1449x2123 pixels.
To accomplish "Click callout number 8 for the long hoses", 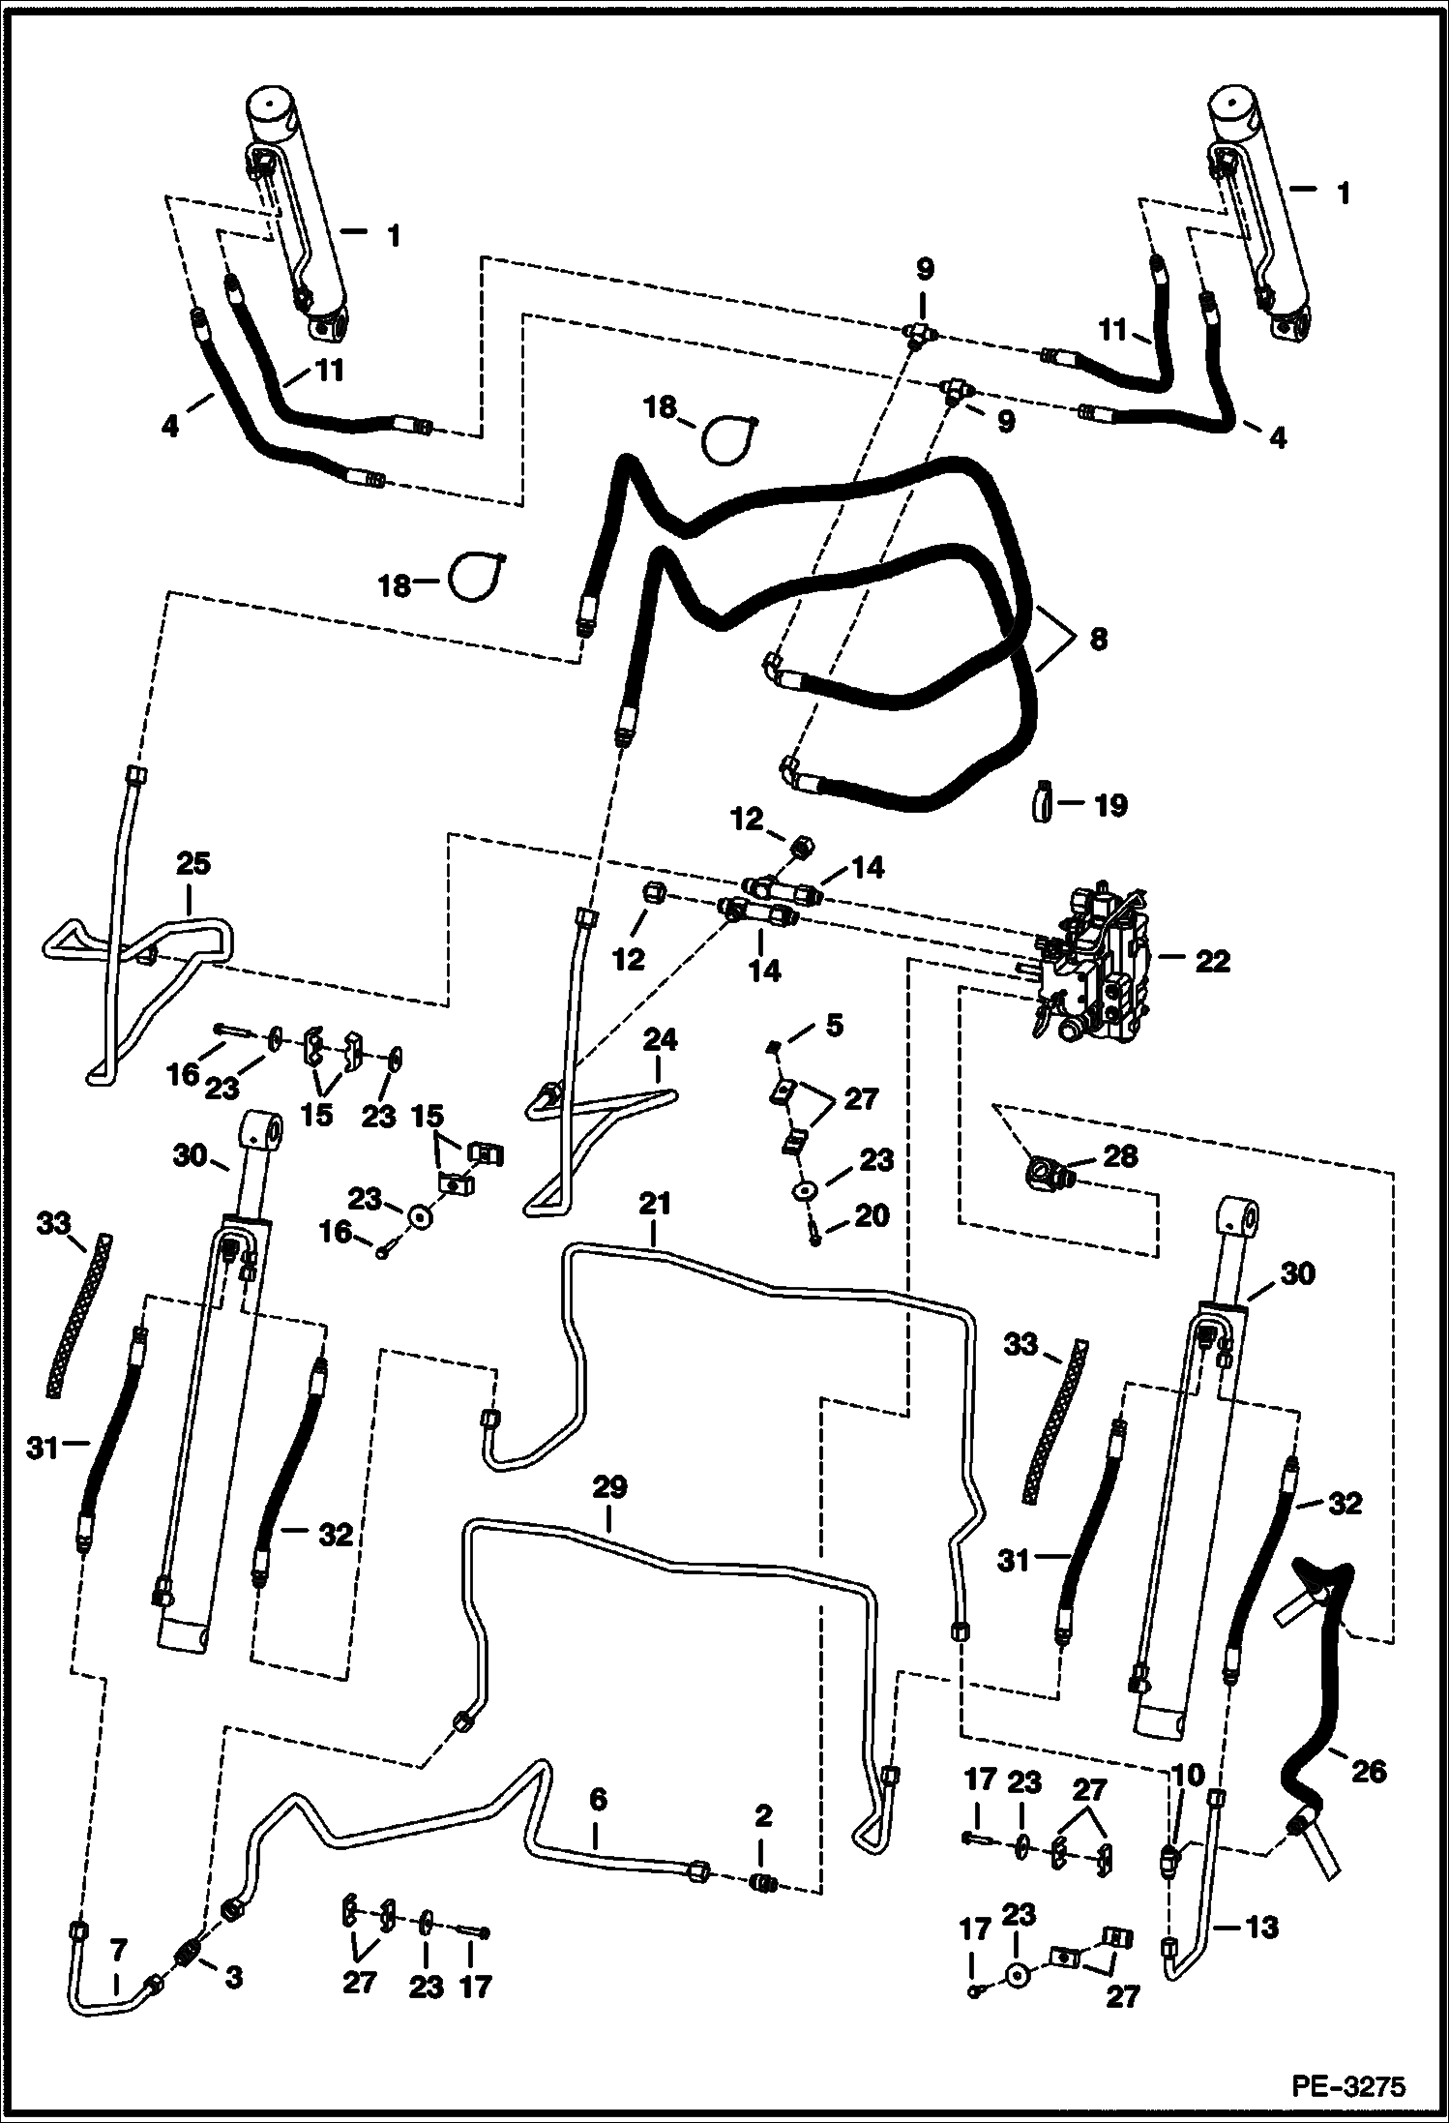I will pyautogui.click(x=1098, y=640).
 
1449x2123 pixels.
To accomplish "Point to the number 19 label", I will pyautogui.click(x=1110, y=805).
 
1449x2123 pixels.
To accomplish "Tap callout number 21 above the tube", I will pyautogui.click(x=654, y=1205).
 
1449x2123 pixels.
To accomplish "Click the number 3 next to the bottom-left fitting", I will pyautogui.click(x=233, y=1978).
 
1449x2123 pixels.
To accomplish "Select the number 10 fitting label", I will pyautogui.click(x=1187, y=1775).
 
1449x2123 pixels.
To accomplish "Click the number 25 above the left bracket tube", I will pyautogui.click(x=193, y=864).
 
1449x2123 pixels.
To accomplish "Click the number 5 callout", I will pyautogui.click(x=834, y=1025).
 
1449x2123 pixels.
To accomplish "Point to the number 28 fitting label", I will pyautogui.click(x=1122, y=1156).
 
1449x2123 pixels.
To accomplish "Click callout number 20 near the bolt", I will pyautogui.click(x=872, y=1215).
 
